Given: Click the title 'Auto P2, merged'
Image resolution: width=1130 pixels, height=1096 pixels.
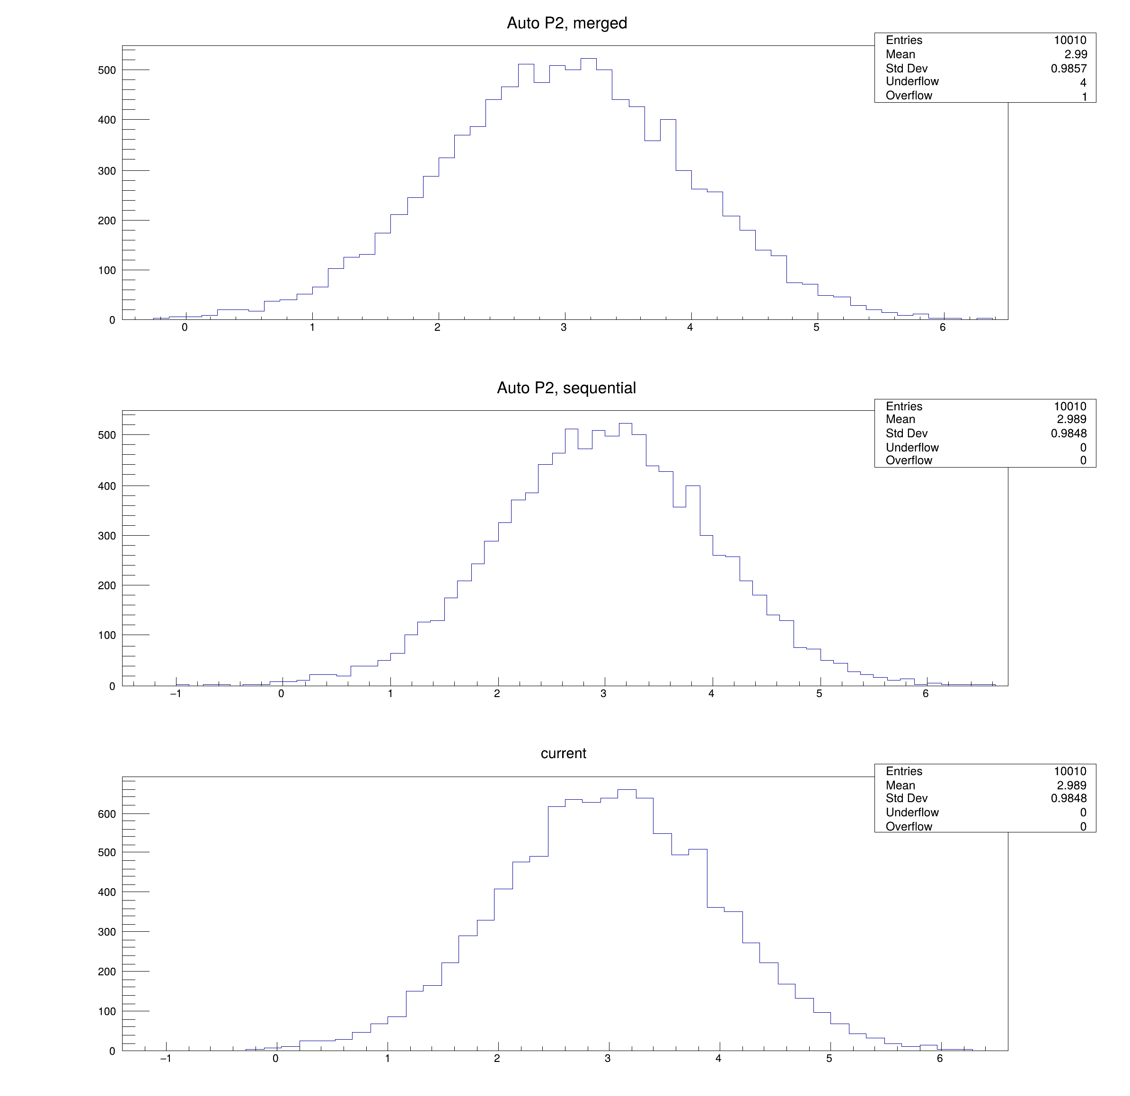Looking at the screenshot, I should [x=567, y=23].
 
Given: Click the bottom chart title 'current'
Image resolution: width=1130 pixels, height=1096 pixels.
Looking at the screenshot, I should [x=563, y=753].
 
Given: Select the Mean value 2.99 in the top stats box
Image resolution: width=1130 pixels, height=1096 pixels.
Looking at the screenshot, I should [x=1076, y=54].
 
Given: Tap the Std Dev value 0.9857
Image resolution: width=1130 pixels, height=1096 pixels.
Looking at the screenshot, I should [x=1069, y=68].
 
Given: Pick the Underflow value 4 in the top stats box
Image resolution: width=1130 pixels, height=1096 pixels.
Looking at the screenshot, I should [x=1083, y=82].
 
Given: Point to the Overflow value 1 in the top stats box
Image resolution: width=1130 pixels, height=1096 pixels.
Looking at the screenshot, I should [x=1084, y=96].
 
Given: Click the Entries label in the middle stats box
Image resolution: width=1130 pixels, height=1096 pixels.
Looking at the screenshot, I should [x=904, y=407].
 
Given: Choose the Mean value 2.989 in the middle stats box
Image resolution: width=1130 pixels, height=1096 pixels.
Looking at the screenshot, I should [x=1071, y=419].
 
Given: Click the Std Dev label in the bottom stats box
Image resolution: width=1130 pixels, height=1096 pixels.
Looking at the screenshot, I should [x=906, y=798].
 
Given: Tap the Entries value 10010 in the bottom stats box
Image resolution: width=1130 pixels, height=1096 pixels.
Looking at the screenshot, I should [x=1070, y=771].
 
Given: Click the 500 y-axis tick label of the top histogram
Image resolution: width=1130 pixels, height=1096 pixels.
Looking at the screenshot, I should [x=106, y=71].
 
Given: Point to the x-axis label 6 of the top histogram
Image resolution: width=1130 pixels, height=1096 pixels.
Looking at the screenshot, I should [x=943, y=327].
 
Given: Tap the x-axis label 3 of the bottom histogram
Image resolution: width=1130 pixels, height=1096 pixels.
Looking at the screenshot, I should [x=608, y=1058].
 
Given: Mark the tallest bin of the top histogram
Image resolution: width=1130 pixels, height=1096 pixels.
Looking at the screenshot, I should [x=589, y=59].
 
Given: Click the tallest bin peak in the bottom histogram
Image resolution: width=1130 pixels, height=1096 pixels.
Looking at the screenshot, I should [x=627, y=790].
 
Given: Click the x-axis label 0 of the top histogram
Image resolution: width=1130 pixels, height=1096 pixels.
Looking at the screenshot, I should [x=185, y=327].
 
